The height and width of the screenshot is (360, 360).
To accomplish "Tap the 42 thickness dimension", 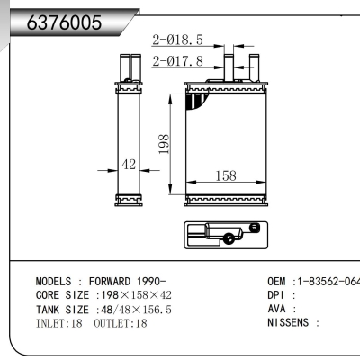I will point(128,165).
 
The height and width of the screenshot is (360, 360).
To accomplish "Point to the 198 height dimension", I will point(165,144).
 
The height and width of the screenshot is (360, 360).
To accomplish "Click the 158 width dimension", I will point(225,176).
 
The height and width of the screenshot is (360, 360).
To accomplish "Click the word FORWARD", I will point(112,281).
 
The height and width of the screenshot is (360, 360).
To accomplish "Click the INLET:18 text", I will point(60,322).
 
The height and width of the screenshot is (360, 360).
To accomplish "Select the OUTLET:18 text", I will point(121,322).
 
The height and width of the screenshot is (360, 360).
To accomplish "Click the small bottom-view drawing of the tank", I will point(225,235).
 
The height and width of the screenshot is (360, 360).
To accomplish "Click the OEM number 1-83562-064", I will point(327,281).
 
